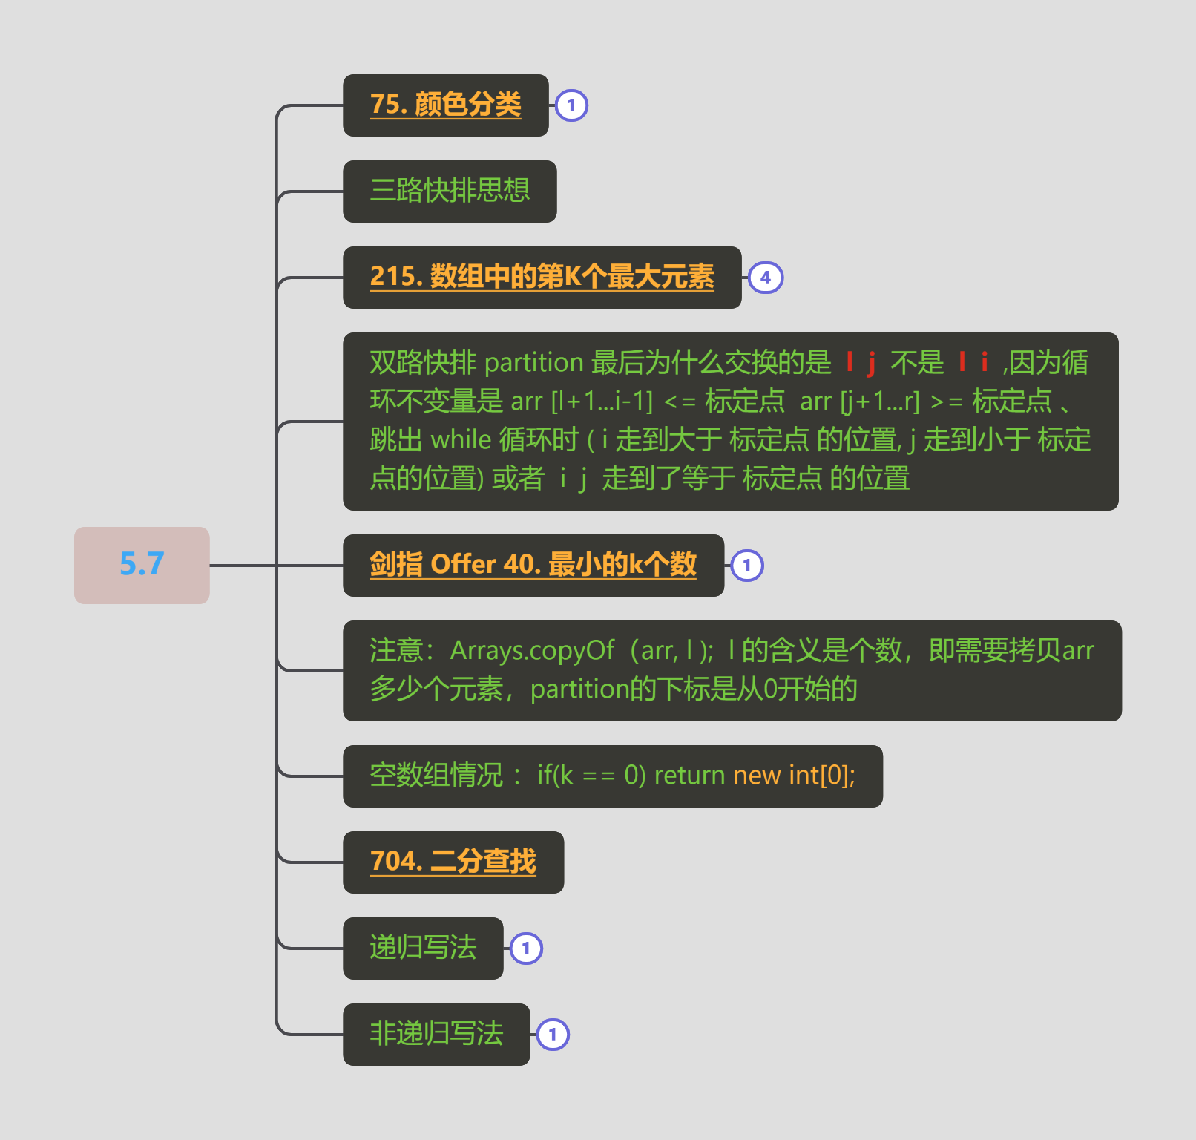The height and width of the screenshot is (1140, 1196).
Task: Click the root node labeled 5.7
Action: click(142, 565)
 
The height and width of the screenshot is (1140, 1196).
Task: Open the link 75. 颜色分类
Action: click(445, 105)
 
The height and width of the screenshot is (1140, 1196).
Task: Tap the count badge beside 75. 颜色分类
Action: click(571, 105)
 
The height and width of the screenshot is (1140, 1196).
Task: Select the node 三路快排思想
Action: click(450, 191)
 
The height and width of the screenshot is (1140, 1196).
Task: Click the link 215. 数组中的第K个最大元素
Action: click(542, 277)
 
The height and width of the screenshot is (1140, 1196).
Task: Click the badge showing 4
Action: click(766, 278)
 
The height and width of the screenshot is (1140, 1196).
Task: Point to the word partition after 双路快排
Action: click(534, 363)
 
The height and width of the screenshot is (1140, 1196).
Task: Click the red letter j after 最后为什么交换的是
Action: click(872, 364)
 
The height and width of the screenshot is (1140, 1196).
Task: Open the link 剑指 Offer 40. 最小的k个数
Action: click(533, 565)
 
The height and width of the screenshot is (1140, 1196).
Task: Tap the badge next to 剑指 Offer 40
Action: click(747, 566)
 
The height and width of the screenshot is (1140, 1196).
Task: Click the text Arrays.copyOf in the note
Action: click(533, 651)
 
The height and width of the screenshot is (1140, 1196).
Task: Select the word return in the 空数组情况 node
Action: click(689, 776)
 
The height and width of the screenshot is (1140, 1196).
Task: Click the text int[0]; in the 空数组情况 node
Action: click(822, 776)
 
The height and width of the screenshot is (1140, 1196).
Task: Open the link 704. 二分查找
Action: click(453, 862)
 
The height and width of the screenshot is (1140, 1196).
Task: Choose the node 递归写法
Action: click(423, 949)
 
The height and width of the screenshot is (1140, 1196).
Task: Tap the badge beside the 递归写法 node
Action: click(526, 949)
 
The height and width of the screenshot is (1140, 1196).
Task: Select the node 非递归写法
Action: click(436, 1035)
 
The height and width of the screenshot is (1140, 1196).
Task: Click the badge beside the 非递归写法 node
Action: click(553, 1035)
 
